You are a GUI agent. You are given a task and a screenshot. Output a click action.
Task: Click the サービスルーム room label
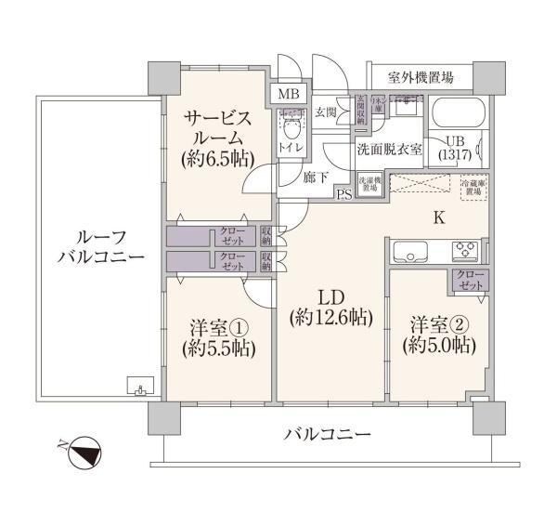[x=218, y=138]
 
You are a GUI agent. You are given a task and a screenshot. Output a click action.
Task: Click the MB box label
[x=282, y=95]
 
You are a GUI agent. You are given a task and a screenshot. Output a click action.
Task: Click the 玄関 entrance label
[x=325, y=113]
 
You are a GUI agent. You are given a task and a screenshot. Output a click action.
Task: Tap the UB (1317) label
[x=456, y=147]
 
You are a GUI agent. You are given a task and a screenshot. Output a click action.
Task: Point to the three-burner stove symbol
[x=464, y=250]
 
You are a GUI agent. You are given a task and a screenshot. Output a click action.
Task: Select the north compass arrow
[x=84, y=456]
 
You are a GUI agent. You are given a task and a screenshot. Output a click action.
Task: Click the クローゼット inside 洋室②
[x=468, y=280]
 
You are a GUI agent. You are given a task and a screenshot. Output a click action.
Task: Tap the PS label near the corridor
[x=344, y=194]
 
